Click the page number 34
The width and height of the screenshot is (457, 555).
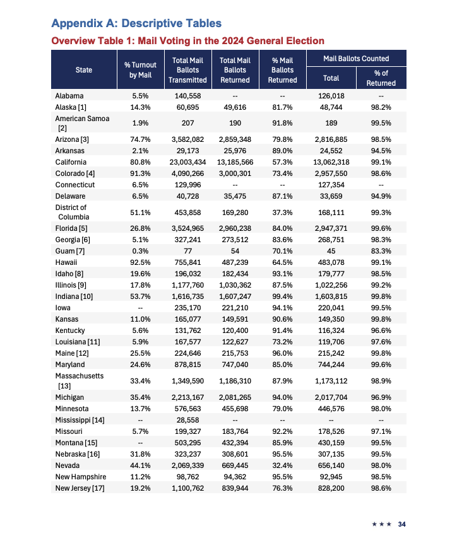click(x=401, y=523)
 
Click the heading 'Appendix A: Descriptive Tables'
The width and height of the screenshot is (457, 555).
click(x=136, y=23)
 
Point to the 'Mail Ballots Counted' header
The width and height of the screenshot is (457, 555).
click(x=356, y=58)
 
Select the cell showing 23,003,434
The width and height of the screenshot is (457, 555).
click(x=187, y=162)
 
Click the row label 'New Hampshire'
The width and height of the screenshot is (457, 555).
click(x=80, y=477)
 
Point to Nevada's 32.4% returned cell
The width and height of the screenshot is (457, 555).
click(x=282, y=466)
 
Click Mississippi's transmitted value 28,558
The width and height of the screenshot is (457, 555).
click(x=187, y=419)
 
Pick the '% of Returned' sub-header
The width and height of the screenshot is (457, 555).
click(x=381, y=78)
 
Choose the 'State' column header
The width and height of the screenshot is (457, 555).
click(x=83, y=70)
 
